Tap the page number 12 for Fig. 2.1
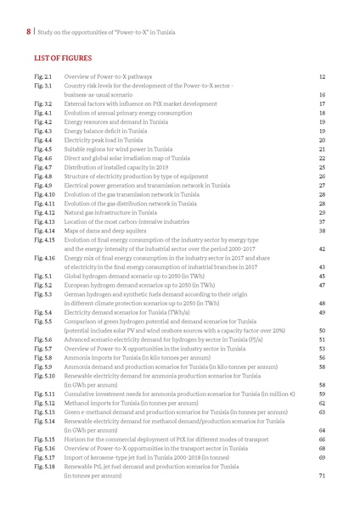click(x=322, y=77)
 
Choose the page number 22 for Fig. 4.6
click(x=322, y=159)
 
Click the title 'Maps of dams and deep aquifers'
click(x=110, y=230)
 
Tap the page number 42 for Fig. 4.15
click(x=322, y=249)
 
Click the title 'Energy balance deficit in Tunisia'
click(x=111, y=131)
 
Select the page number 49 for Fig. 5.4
click(x=322, y=312)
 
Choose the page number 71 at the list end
click(x=322, y=476)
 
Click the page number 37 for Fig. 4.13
click(x=322, y=221)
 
